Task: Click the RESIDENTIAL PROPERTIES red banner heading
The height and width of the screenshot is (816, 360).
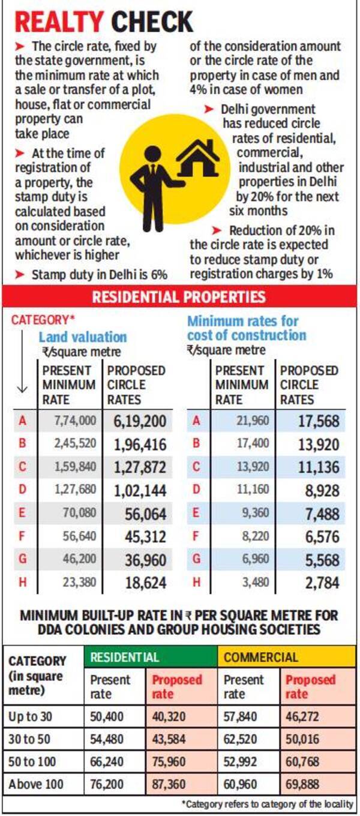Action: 179,296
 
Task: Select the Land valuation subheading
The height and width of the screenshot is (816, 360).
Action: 83,337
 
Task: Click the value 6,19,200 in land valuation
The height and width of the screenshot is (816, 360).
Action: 139,421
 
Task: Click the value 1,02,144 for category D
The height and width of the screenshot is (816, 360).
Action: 139,490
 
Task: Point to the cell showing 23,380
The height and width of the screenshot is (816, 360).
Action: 76,582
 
